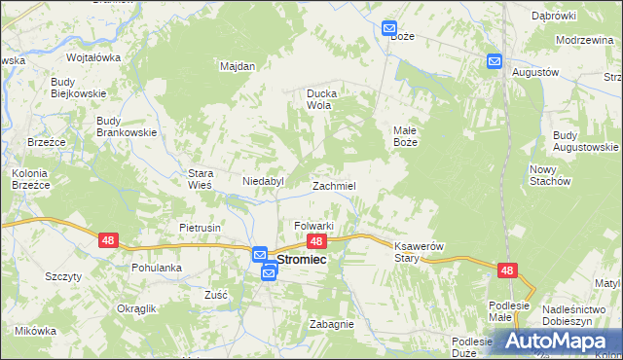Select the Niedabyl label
click(263, 181)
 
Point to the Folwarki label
click(314, 226)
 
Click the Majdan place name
click(238, 66)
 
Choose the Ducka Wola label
click(327, 98)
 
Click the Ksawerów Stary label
click(420, 252)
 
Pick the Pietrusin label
click(201, 228)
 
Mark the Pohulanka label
click(157, 267)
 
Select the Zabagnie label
click(332, 325)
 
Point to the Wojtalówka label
click(93, 57)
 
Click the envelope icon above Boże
click(389, 29)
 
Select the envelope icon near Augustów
click(494, 61)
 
